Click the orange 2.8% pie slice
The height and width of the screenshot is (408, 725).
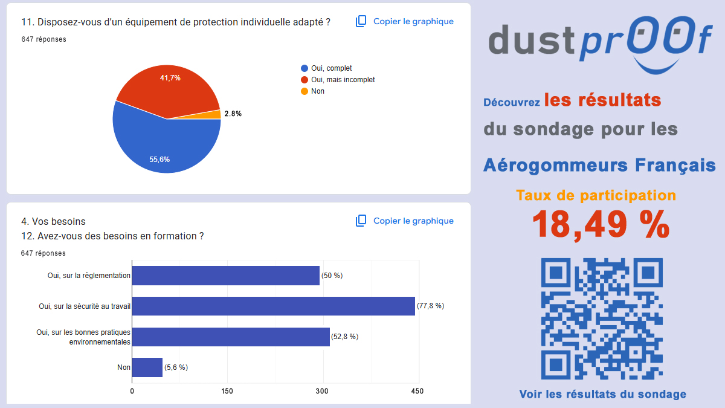coord(215,114)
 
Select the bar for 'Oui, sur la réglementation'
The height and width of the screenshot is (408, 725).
coord(225,276)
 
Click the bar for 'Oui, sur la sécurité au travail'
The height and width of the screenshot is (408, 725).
coord(273,306)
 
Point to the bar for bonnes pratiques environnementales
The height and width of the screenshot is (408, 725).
coord(231,337)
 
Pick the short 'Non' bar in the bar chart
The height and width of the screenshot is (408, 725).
coord(147,368)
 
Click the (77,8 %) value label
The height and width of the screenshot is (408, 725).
coord(430,306)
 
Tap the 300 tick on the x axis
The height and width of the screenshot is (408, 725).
coord(323,391)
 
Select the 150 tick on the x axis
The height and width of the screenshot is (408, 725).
coord(227,391)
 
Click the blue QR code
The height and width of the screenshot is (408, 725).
coord(602,319)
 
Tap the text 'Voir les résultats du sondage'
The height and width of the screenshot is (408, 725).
coord(602,394)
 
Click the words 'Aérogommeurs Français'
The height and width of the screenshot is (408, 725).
coord(599,165)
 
